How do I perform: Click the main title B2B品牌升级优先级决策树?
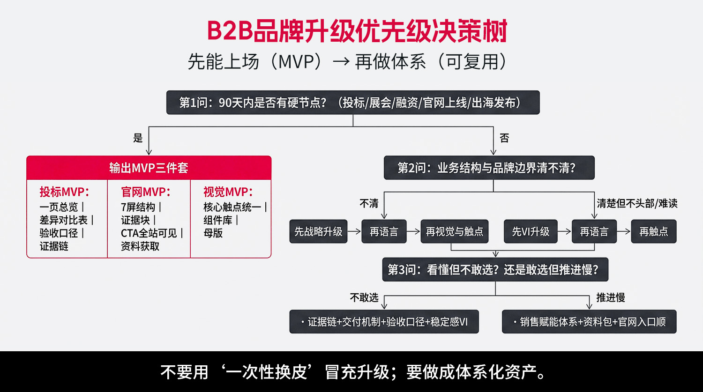point(357,31)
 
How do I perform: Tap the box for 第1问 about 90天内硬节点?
point(353,103)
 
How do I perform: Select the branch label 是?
point(138,138)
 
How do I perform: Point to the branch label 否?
point(504,138)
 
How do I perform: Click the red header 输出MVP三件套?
point(149,168)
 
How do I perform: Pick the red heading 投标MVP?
point(64,192)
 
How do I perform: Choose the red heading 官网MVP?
point(146,192)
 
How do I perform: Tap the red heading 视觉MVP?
point(228,192)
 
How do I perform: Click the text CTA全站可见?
point(149,233)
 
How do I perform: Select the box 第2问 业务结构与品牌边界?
point(489,168)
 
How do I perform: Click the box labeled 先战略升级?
point(318,231)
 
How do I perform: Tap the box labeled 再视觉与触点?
point(454,231)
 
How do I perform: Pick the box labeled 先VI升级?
point(531,231)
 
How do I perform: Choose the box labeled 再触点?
point(654,231)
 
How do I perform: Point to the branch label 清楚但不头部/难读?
point(637,203)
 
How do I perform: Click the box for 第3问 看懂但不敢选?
point(495,269)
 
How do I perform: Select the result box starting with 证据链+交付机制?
point(384,322)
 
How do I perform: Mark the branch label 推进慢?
point(610,298)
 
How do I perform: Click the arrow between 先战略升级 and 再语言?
point(354,231)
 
